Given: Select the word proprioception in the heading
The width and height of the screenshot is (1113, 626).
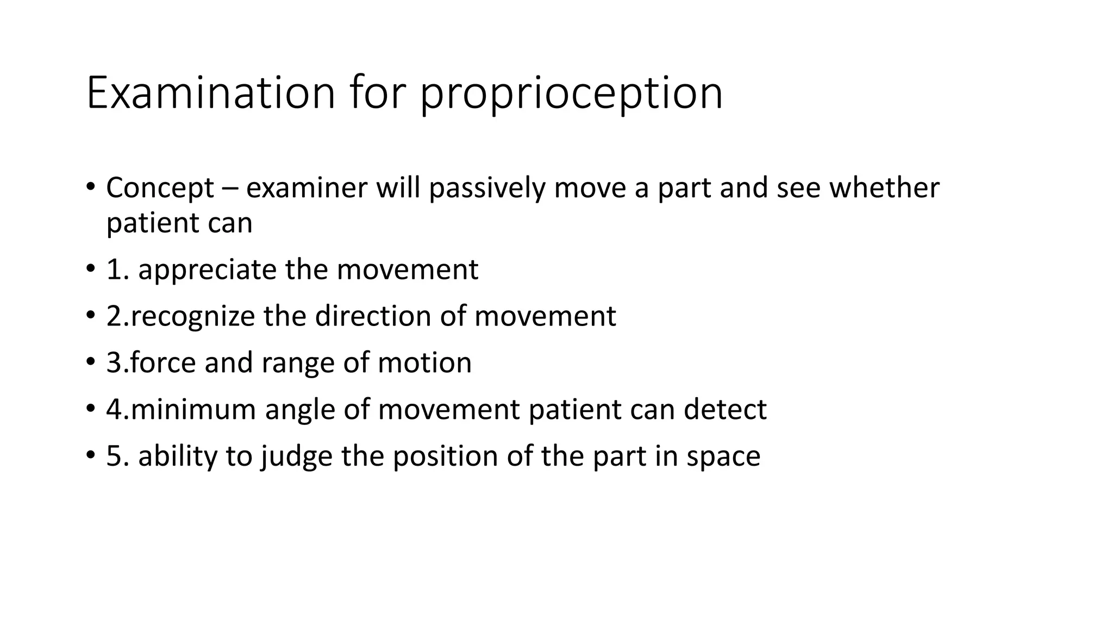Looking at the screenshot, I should click(x=571, y=95).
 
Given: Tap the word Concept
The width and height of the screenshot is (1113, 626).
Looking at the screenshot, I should click(x=160, y=189).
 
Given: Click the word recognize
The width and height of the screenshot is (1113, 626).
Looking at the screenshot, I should click(x=192, y=317).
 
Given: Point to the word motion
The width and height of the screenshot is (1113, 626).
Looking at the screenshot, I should click(x=424, y=362).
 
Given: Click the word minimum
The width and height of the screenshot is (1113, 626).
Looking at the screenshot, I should click(x=193, y=409).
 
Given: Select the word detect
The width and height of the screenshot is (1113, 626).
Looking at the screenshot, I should click(x=725, y=409).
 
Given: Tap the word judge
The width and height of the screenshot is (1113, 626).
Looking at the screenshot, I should click(x=297, y=456).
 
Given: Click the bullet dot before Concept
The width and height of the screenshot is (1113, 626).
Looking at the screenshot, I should click(x=90, y=187).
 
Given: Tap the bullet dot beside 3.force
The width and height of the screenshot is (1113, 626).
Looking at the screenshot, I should click(x=90, y=361).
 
